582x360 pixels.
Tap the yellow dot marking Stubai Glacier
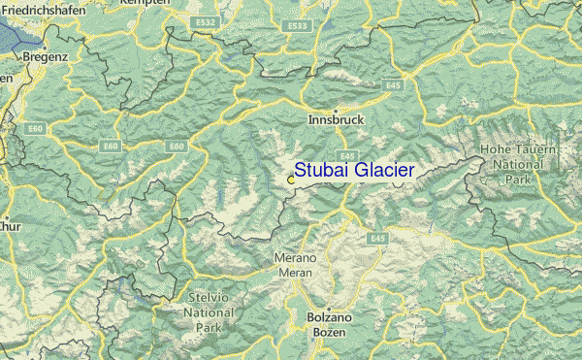(x=291, y=179)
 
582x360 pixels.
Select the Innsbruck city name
(x=335, y=121)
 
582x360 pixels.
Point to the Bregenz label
(x=46, y=57)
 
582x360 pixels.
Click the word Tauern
(x=536, y=150)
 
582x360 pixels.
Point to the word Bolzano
(x=323, y=317)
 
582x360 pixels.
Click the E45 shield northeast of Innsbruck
(x=394, y=85)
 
